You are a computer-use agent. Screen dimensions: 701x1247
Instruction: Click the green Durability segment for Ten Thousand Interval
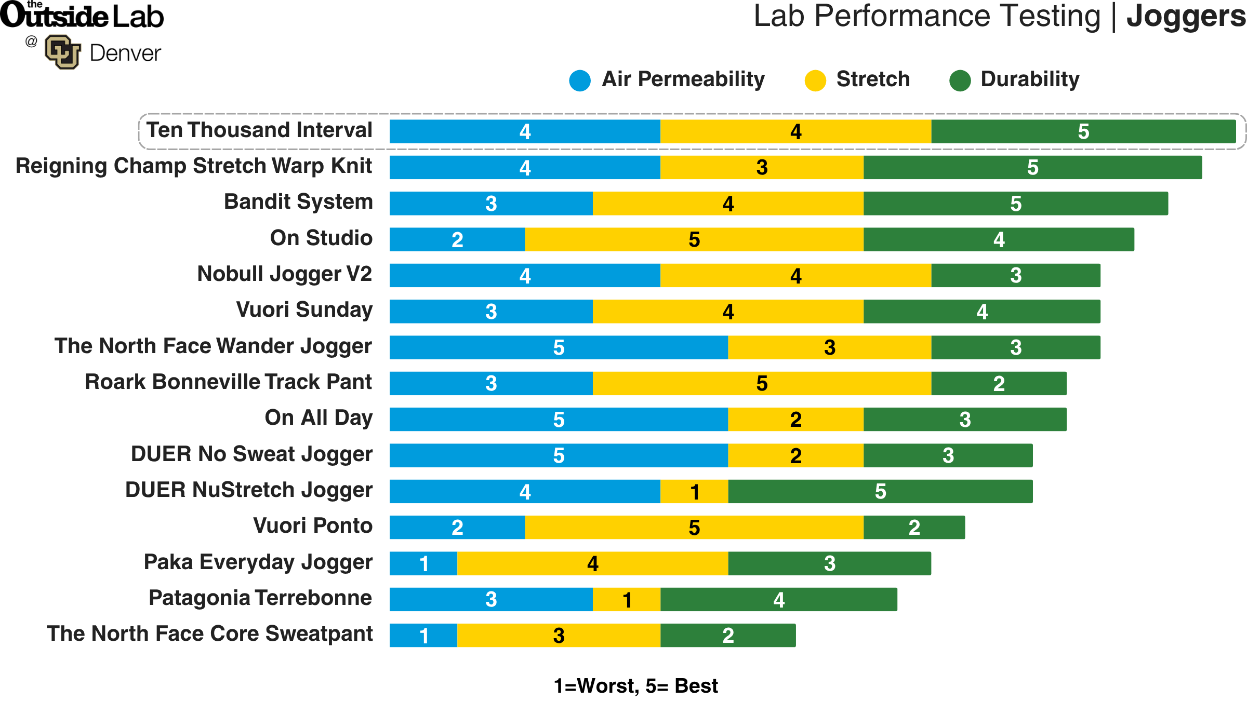tap(1083, 131)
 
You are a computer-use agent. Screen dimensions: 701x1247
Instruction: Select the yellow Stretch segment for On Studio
tap(694, 239)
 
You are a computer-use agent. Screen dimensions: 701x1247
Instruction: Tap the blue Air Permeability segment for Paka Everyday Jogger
tap(423, 563)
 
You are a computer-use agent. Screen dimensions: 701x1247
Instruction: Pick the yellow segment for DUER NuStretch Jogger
tap(694, 491)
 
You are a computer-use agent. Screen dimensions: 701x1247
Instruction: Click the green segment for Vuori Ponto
tap(914, 528)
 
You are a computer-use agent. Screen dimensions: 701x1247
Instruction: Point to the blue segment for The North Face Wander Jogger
tap(559, 347)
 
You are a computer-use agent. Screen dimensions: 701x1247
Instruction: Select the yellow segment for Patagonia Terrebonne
tap(627, 600)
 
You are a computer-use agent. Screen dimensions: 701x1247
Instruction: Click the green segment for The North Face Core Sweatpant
tap(728, 636)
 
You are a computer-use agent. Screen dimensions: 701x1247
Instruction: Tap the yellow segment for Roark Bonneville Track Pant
tap(762, 383)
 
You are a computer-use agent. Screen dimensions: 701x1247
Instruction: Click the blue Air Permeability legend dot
tap(580, 80)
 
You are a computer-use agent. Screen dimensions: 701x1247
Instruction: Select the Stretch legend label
tap(873, 79)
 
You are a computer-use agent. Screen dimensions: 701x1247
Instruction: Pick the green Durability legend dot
tap(960, 80)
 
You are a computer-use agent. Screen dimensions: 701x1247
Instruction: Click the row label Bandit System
tap(298, 201)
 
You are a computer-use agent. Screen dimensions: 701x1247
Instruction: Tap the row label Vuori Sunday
tap(304, 309)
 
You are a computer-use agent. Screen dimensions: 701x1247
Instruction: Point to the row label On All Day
tap(319, 418)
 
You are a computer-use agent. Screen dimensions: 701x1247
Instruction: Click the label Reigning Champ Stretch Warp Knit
tap(194, 166)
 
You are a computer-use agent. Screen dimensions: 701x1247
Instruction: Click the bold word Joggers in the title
tap(1186, 17)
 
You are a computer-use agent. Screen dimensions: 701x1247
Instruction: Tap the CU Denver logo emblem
tap(63, 52)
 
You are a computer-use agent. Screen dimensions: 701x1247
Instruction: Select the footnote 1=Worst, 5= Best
tap(636, 686)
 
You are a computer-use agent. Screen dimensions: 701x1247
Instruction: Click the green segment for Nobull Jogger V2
tap(1015, 275)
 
